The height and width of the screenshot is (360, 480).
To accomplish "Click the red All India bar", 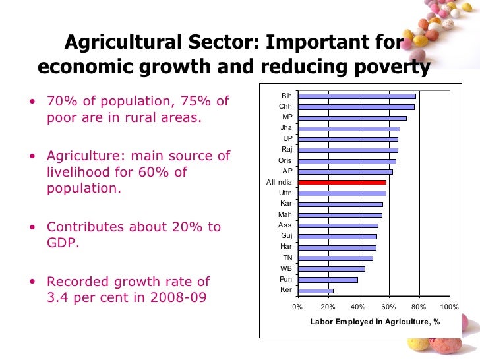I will (342, 182).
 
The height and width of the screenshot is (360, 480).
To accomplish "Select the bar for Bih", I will (356, 96).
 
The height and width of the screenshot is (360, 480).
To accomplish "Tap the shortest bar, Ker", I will (315, 290).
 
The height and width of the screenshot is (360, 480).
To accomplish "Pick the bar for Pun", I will (327, 280).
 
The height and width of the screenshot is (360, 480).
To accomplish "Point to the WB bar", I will (331, 268).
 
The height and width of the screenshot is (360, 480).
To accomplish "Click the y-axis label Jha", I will (286, 128).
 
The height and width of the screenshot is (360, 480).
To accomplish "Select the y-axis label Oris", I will (285, 160).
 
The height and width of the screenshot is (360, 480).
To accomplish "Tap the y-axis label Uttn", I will (285, 193).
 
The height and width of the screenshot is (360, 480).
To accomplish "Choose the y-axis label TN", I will (287, 258).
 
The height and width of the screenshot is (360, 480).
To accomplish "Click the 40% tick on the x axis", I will (358, 307).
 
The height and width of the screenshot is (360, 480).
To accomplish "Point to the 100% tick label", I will (449, 307).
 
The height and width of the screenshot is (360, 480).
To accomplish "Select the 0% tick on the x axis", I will (297, 307).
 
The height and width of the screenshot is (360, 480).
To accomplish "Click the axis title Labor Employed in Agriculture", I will (375, 322).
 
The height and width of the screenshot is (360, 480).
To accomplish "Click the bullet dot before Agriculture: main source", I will (33, 157).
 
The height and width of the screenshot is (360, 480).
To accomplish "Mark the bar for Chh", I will (355, 107).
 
